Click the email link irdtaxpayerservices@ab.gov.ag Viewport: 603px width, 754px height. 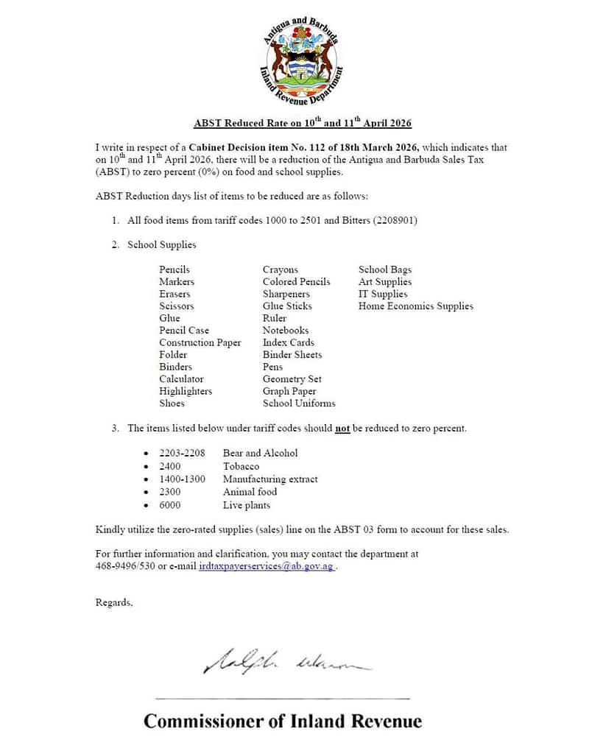[267, 567]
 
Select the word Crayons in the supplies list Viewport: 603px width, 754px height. [281, 269]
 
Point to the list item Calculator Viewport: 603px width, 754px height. [181, 379]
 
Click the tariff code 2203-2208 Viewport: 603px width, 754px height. [182, 453]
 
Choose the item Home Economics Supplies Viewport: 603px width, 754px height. [415, 306]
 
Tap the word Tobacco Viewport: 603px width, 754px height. [241, 466]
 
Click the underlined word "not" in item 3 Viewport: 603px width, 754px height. [342, 429]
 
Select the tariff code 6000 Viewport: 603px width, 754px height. [169, 505]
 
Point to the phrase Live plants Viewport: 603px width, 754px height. [246, 505]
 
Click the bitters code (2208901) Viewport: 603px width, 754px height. [392, 220]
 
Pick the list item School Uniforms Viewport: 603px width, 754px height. [299, 404]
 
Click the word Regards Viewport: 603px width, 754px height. [114, 602]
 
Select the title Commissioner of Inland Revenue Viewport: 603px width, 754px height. [283, 721]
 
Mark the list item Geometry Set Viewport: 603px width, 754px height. [292, 379]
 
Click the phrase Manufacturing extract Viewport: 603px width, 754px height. [270, 479]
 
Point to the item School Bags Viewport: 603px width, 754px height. [385, 269]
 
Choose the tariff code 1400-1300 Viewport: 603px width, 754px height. [182, 479]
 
